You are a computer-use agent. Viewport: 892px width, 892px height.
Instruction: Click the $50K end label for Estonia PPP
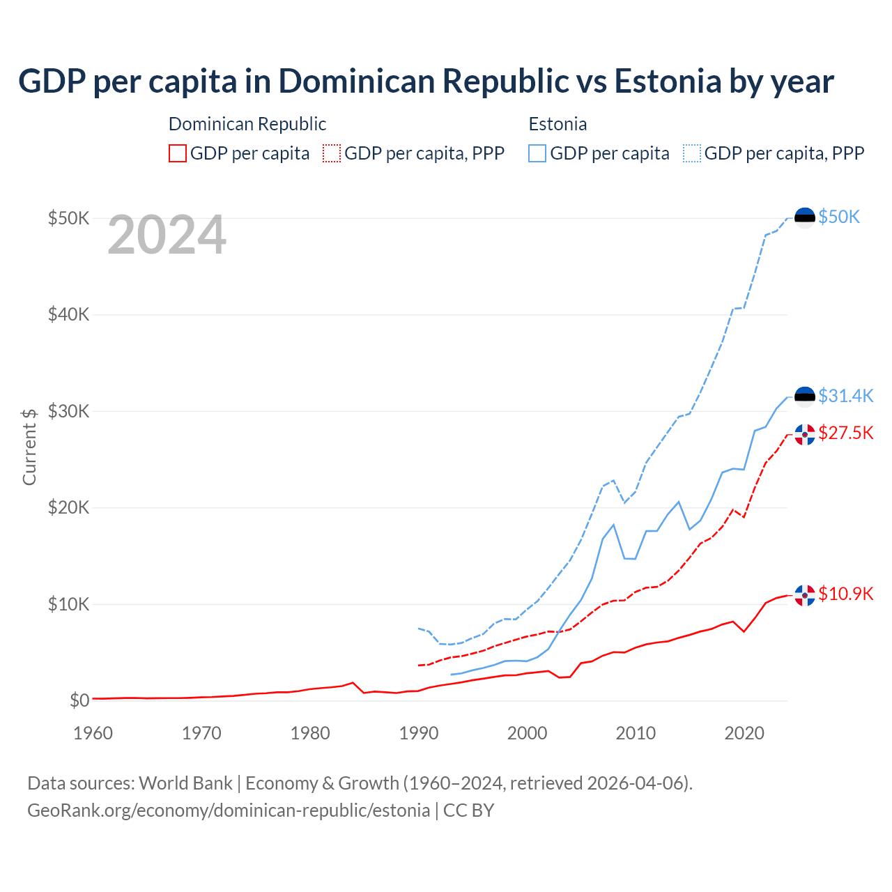click(839, 217)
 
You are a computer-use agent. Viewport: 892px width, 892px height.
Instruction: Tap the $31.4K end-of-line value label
click(845, 396)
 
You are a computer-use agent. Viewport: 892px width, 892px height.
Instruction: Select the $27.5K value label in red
click(845, 433)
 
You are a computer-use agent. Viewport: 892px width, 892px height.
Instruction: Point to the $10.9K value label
click(845, 594)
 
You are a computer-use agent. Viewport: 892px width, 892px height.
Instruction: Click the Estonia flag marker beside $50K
click(805, 217)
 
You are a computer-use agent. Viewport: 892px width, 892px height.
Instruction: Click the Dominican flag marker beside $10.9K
click(805, 595)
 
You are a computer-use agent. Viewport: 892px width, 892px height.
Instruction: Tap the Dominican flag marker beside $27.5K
click(805, 434)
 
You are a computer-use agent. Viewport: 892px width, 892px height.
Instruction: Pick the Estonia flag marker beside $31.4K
click(805, 397)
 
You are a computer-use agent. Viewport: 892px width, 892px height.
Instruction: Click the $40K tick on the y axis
click(68, 314)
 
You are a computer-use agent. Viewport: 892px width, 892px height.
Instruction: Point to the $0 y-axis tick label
click(79, 700)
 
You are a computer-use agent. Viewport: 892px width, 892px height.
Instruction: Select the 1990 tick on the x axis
click(419, 733)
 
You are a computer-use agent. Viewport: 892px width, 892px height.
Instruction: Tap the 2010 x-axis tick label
click(636, 733)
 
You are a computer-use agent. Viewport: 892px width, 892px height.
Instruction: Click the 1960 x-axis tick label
click(93, 733)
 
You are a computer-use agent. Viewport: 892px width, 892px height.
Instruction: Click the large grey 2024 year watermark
click(167, 236)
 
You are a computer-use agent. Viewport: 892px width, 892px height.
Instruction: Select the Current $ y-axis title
click(29, 446)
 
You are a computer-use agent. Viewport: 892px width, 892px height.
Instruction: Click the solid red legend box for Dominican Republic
click(178, 153)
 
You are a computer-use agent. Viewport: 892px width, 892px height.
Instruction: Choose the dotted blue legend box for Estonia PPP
click(692, 153)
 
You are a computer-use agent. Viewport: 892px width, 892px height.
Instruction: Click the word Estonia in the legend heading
click(557, 124)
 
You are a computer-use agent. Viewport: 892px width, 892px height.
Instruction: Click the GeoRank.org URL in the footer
click(229, 810)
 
